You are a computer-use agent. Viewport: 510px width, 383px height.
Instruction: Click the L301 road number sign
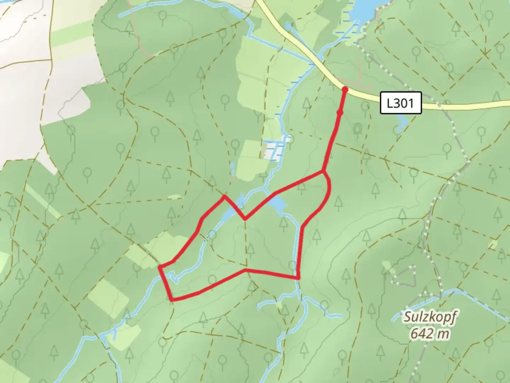tap(401, 103)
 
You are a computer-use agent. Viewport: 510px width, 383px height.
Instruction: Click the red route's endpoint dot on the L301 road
tap(345, 90)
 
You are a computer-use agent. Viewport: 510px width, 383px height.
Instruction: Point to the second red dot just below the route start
tap(340, 113)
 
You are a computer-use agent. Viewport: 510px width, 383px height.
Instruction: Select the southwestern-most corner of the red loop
tap(172, 300)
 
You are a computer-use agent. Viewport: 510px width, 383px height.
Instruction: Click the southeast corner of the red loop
tap(299, 278)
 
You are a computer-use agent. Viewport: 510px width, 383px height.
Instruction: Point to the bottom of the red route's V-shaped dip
tap(245, 219)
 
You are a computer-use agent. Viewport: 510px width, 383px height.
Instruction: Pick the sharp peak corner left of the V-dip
tap(224, 195)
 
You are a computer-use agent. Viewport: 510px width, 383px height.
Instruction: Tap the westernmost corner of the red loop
tap(160, 266)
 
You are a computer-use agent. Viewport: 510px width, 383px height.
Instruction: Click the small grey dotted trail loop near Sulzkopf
tap(404, 274)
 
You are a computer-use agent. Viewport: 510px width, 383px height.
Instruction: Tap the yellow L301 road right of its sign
tap(467, 105)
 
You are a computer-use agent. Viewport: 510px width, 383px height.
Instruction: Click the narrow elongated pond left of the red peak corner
tap(233, 170)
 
